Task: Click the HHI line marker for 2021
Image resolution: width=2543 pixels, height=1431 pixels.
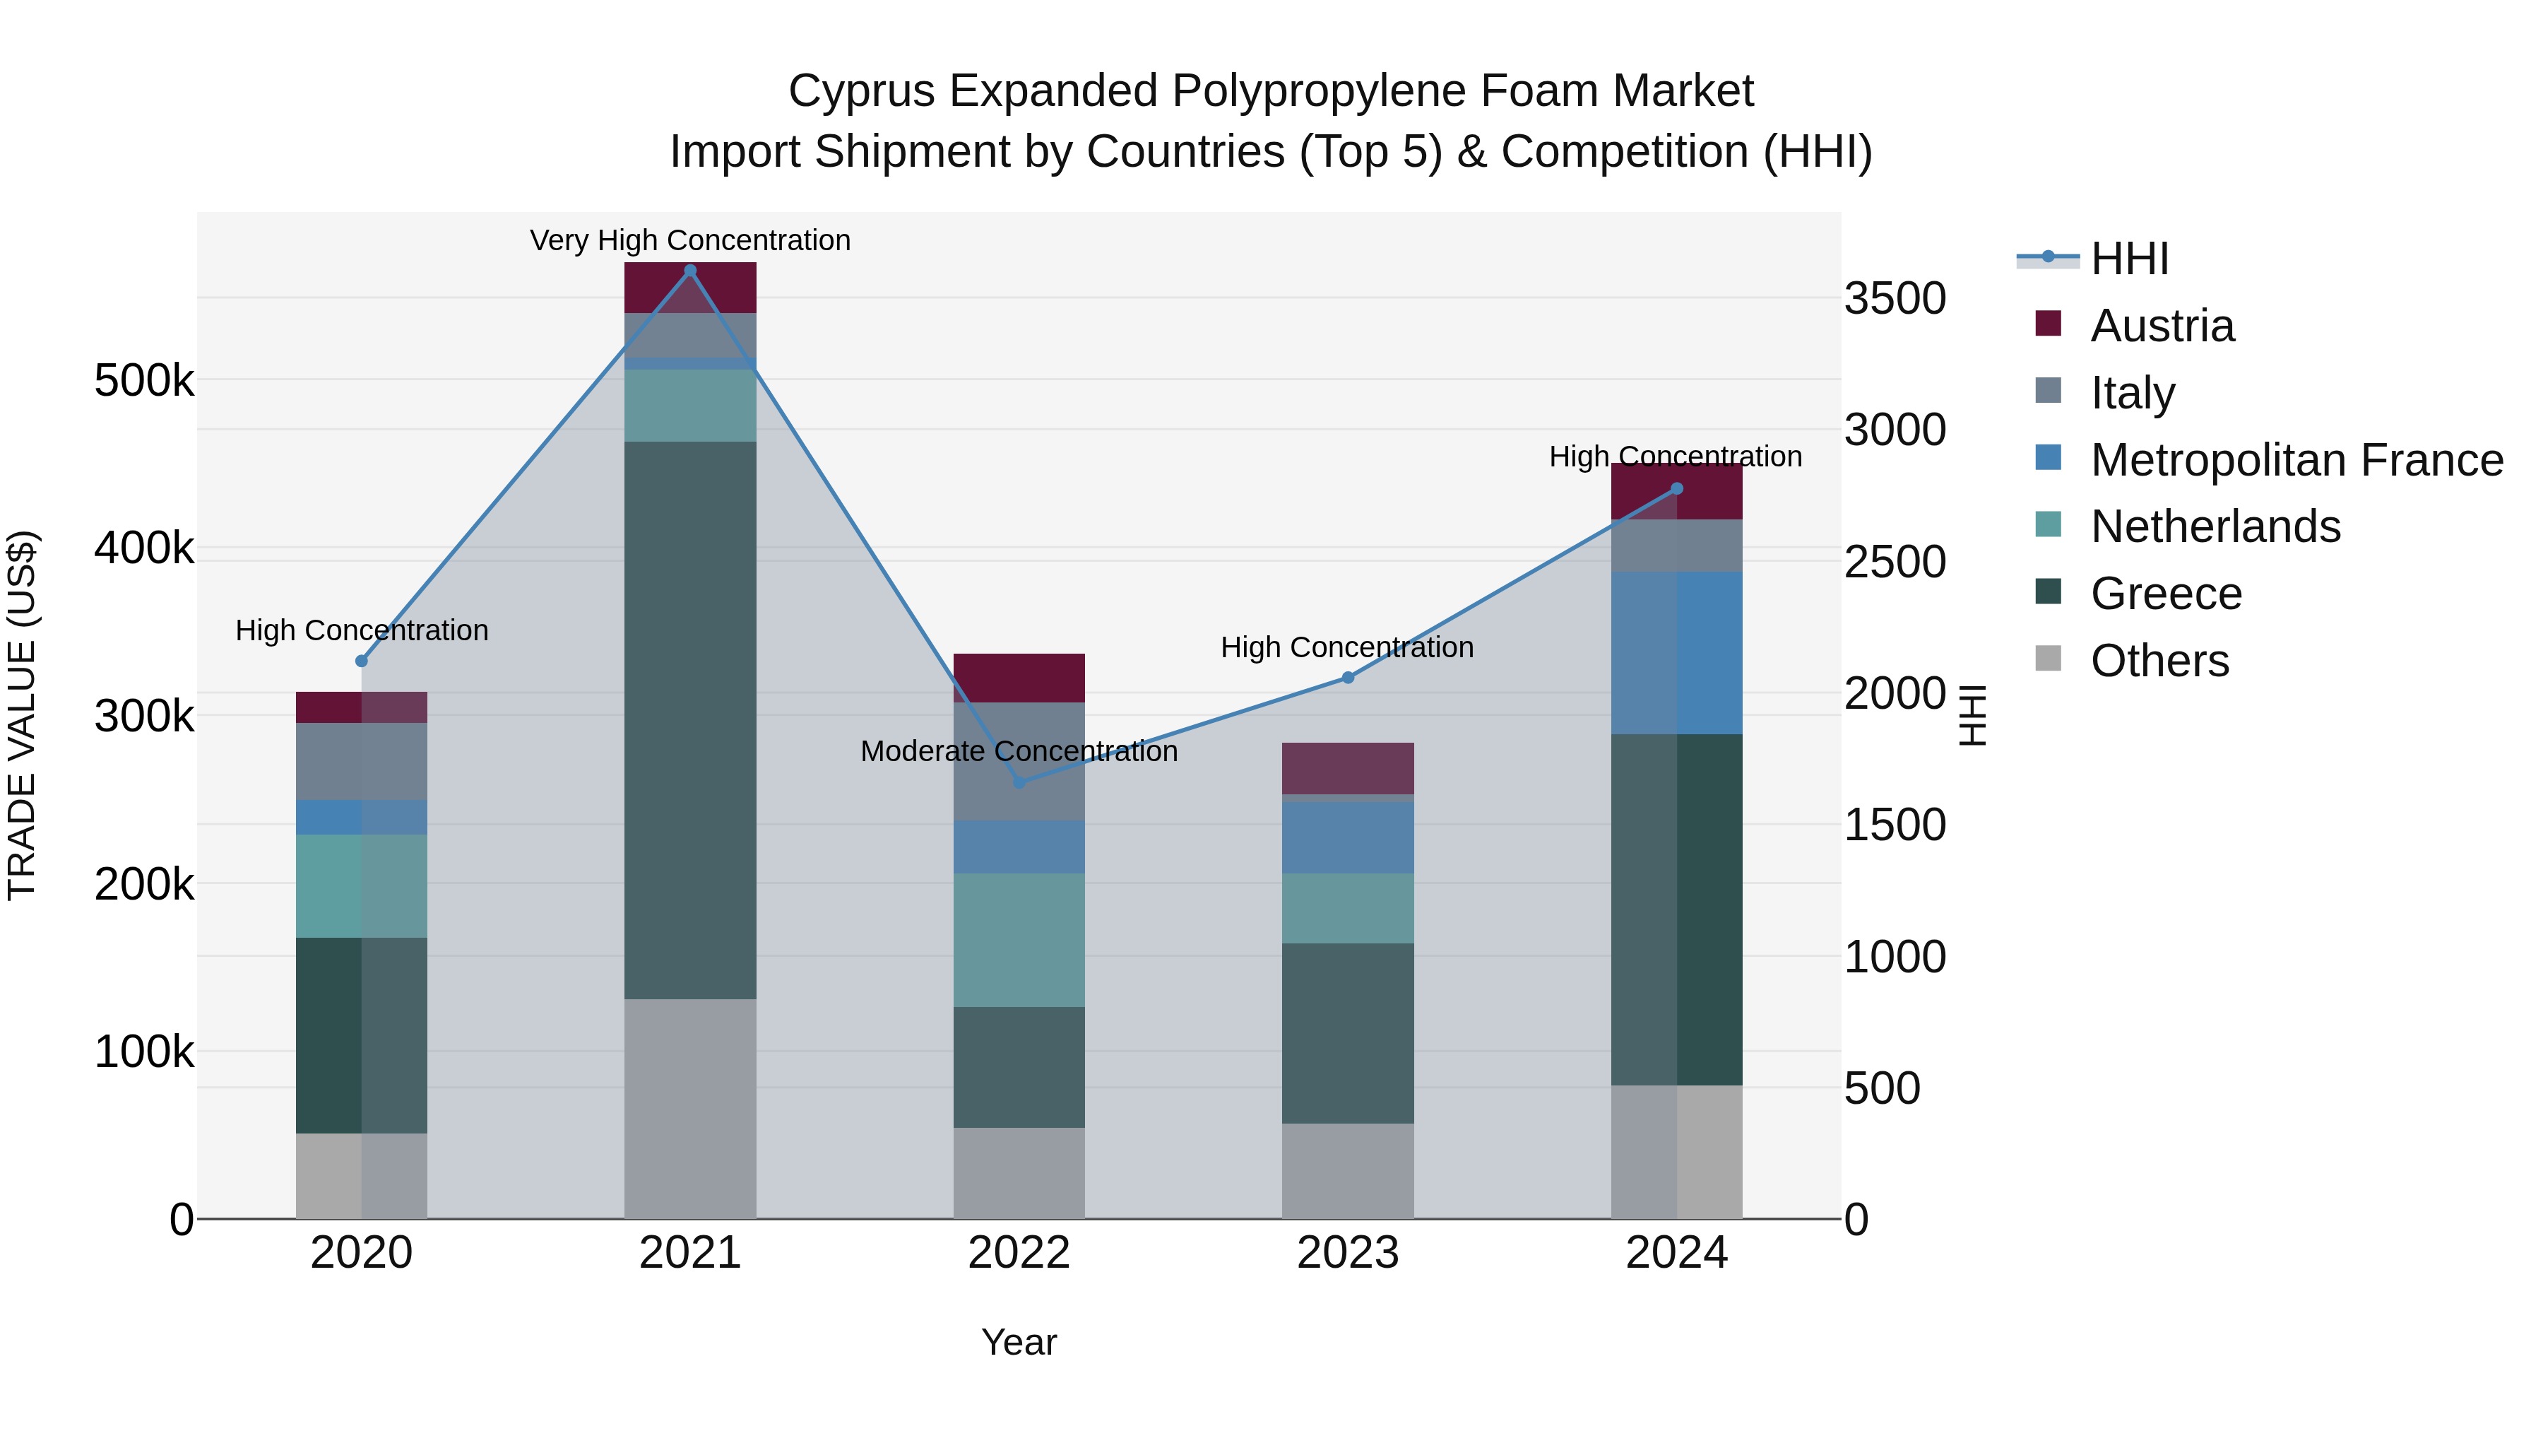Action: [x=690, y=271]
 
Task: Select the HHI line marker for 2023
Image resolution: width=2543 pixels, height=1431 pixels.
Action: [x=1348, y=678]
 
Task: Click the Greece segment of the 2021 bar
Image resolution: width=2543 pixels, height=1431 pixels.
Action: [x=690, y=721]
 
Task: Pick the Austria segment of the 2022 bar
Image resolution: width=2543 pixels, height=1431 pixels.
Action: [x=1019, y=678]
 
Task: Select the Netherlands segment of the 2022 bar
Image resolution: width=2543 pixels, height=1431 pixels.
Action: [x=1019, y=939]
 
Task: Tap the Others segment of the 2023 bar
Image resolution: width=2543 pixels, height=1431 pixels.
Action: [x=1348, y=1170]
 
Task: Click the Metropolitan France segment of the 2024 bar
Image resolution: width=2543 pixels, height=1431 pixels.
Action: [x=1676, y=653]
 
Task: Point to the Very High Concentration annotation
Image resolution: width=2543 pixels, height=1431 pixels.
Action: [x=690, y=240]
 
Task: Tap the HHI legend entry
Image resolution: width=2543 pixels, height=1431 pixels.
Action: [x=2129, y=259]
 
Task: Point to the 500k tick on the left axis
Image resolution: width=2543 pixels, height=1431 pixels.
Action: [x=144, y=380]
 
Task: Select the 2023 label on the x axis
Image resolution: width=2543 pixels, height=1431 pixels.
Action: [x=1348, y=1253]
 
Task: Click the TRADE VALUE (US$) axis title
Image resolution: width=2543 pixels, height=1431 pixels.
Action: [x=22, y=715]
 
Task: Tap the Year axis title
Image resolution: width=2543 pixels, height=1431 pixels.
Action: [x=1019, y=1342]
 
